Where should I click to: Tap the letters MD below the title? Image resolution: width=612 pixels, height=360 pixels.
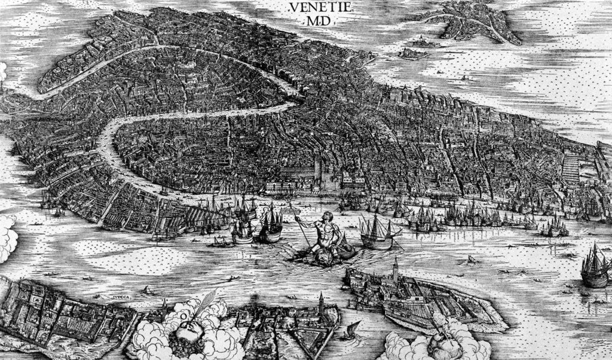(x=322, y=22)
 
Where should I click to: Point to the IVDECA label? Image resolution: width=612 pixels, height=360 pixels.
(x=121, y=295)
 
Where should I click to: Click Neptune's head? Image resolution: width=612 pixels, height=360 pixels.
(x=328, y=216)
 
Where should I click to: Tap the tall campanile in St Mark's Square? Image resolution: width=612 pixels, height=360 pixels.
(x=318, y=170)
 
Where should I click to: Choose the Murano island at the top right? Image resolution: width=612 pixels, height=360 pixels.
(x=472, y=21)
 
